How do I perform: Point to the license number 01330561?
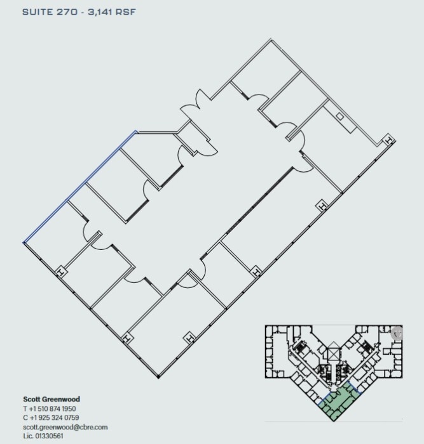[x=50, y=436]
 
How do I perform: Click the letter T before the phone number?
[x=24, y=408]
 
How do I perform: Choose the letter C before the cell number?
[x=25, y=417]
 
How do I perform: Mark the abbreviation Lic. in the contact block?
[x=29, y=436]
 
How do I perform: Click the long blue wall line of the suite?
[x=79, y=187]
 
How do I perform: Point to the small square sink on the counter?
[x=340, y=117]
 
